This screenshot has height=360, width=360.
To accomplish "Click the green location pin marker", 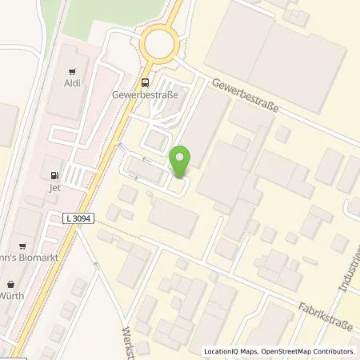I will pyautogui.click(x=180, y=163).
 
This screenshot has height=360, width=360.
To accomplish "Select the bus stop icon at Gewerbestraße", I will pyautogui.click(x=145, y=82).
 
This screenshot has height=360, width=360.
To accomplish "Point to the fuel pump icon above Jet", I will pyautogui.click(x=54, y=177).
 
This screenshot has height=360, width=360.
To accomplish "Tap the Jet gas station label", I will pyautogui.click(x=54, y=190).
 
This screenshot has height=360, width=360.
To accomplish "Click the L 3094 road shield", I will pyautogui.click(x=78, y=217).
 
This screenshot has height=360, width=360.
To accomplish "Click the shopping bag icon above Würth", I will pyautogui.click(x=11, y=283).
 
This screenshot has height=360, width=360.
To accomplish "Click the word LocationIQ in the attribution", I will pyautogui.click(x=222, y=351).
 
